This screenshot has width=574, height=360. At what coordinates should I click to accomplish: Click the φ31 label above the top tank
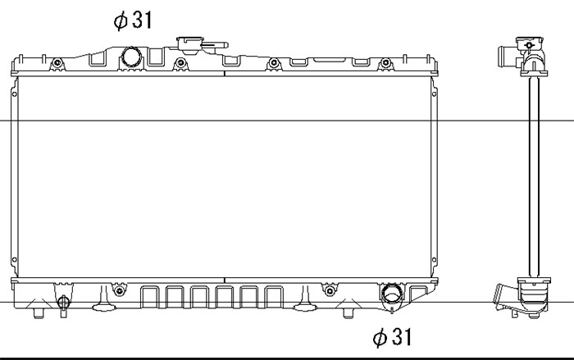pos(133,20)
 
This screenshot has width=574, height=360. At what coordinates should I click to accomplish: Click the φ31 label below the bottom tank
pos(392,337)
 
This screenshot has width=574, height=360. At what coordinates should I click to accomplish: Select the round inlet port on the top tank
pos(131,57)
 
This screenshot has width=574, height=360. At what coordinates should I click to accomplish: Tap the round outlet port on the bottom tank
pos(392,293)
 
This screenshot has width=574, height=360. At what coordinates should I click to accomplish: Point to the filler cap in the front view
pos(190,44)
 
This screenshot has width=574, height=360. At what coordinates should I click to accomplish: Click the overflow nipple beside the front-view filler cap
pos(215,46)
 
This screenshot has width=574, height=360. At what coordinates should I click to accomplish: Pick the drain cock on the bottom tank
pos(63,303)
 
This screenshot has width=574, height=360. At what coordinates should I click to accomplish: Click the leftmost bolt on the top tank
pos(57,63)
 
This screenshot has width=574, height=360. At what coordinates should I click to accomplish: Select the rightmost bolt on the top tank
pos(385,63)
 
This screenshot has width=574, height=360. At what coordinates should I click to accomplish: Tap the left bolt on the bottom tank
pos(119,291)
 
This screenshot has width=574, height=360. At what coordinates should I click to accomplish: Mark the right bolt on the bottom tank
pos(330,291)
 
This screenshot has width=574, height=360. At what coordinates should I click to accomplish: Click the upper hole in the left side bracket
pos(15,94)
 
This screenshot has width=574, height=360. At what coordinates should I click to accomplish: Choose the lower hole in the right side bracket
pos(434,261)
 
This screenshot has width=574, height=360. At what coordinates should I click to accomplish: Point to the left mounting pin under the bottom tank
pos(39,312)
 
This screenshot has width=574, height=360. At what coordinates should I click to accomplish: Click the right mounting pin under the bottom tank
pos(348,312)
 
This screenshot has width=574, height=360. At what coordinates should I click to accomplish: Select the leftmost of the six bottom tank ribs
pos(150,297)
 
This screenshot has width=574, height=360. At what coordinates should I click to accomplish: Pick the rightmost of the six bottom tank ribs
pos(274,297)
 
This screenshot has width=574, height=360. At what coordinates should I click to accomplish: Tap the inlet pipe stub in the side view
pos(508,57)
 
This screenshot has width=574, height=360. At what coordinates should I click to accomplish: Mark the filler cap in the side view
pos(530,44)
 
